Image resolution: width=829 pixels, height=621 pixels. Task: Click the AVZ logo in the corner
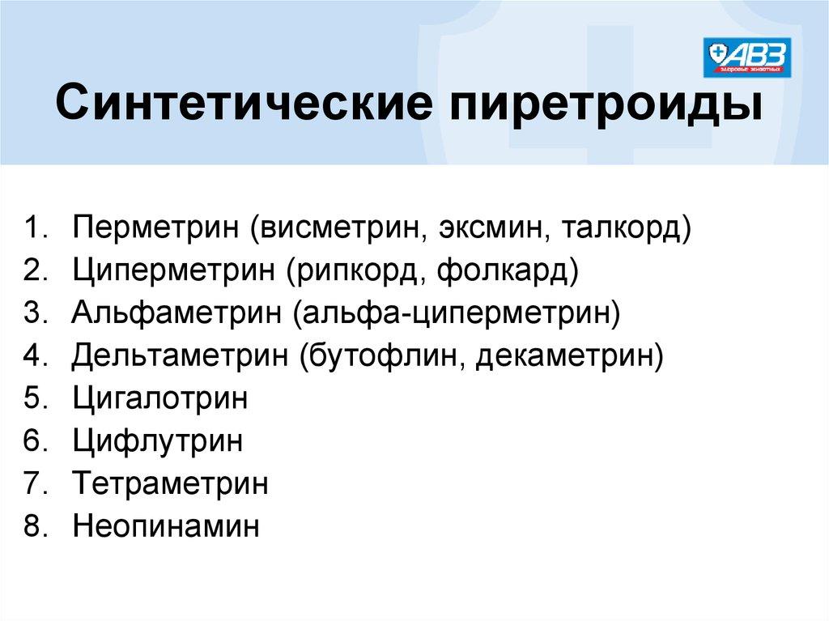tap(747, 57)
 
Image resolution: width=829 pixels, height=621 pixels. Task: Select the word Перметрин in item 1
tap(156, 228)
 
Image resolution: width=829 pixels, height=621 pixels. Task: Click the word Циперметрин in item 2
tap(174, 271)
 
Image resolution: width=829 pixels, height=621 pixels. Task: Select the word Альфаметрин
tap(176, 313)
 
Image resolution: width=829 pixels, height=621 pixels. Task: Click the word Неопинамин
tap(166, 526)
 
